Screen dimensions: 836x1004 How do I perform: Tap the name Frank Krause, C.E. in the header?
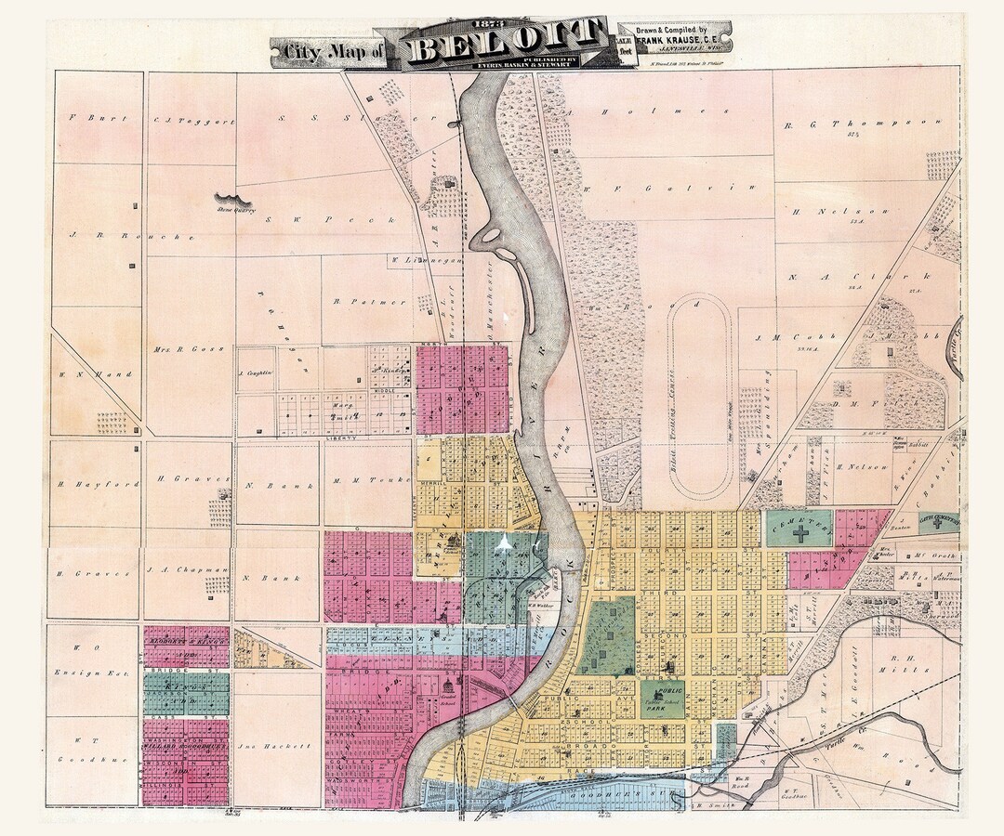click(678, 40)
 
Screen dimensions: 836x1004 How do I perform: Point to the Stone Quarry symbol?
click(234, 200)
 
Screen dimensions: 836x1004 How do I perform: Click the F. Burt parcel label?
click(86, 119)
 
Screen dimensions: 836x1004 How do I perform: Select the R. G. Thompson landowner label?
click(864, 124)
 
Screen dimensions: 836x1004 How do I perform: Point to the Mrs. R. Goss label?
click(173, 350)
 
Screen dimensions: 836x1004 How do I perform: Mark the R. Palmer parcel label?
click(356, 301)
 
